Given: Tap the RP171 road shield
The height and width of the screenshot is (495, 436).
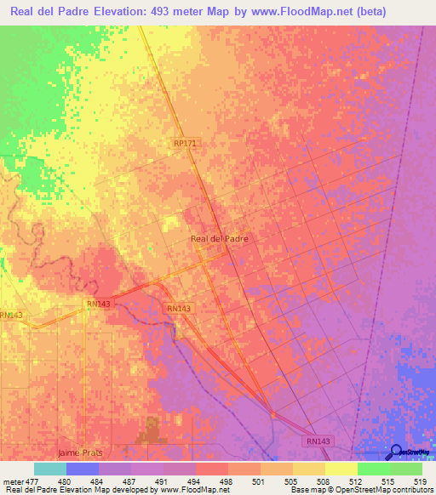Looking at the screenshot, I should pyautogui.click(x=185, y=144).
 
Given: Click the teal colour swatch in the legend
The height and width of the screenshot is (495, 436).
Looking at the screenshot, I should pyautogui.click(x=50, y=469).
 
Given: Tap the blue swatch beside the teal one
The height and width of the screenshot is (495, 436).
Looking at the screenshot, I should pyautogui.click(x=83, y=469).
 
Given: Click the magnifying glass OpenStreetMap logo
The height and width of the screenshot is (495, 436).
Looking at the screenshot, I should pyautogui.click(x=396, y=451).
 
